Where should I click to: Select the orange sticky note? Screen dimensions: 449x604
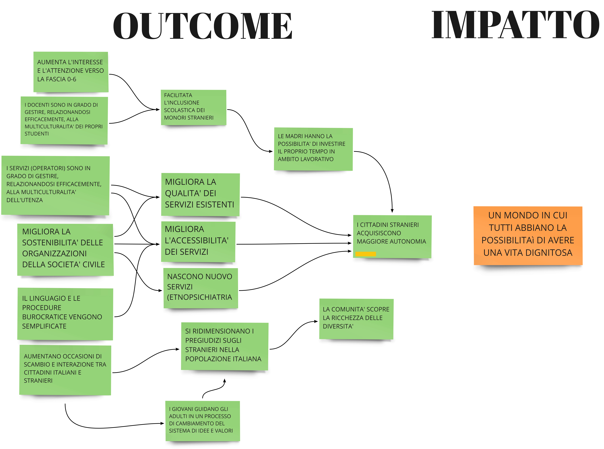[528, 235]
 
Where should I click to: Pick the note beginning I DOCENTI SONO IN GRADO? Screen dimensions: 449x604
[64, 120]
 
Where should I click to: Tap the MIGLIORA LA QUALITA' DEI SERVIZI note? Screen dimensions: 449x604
[200, 194]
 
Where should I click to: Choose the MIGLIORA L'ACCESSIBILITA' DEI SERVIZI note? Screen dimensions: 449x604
[198, 241]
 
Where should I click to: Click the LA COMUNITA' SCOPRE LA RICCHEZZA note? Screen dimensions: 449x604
[356, 319]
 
